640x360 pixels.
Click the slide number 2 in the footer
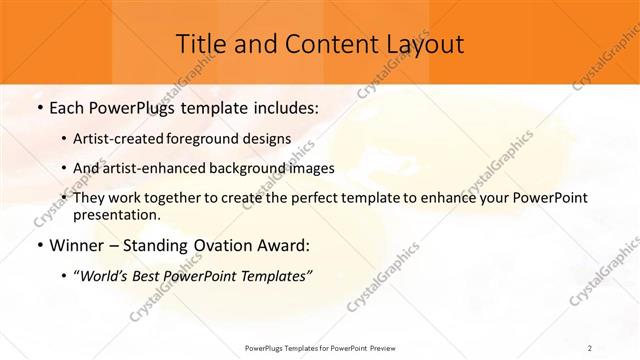coord(590,347)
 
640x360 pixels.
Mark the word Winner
coord(76,245)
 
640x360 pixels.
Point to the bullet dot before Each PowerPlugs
coord(39,105)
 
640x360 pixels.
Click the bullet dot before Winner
coord(39,245)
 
